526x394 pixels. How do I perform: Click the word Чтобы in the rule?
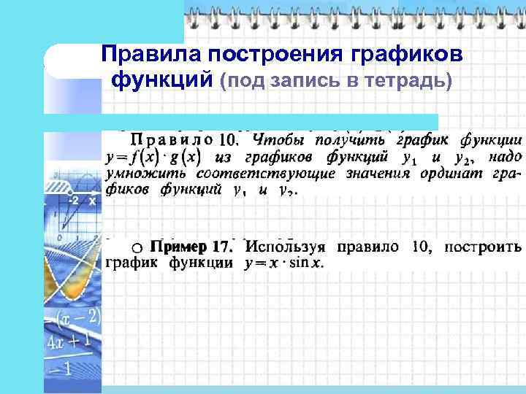point(278,139)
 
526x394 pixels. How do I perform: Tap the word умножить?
point(138,174)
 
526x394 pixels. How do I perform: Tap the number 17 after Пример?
point(224,247)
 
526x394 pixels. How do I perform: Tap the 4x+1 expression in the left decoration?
point(72,341)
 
